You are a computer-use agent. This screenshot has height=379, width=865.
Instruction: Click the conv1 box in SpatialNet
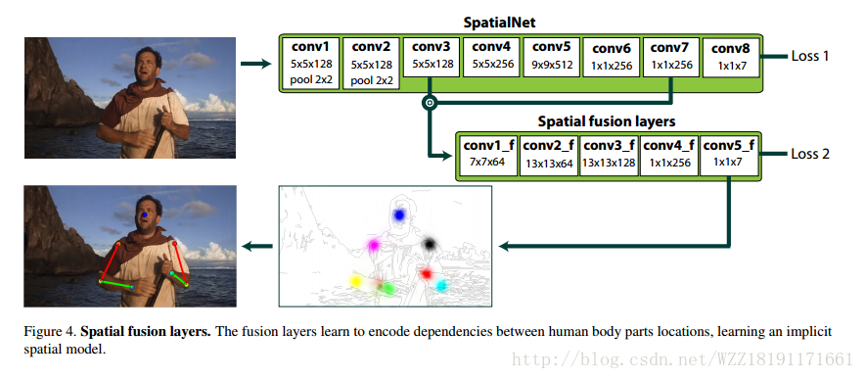[311, 64]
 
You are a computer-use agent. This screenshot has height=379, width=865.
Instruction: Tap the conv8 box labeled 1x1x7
[731, 58]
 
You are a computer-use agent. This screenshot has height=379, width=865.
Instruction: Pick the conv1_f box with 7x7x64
[488, 156]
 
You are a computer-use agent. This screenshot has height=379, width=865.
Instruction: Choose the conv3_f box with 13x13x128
[609, 156]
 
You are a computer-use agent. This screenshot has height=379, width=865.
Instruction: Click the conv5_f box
[728, 156]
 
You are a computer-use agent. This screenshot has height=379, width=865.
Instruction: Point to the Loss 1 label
[810, 56]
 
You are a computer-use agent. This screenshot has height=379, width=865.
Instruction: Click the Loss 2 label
[810, 154]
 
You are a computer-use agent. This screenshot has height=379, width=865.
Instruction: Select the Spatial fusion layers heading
[607, 121]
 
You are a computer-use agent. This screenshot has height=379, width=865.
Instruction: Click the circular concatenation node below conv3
[430, 102]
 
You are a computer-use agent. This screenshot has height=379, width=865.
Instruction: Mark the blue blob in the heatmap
[399, 214]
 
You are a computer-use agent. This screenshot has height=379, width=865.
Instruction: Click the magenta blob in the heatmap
[374, 244]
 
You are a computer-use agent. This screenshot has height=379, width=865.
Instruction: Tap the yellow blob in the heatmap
[356, 282]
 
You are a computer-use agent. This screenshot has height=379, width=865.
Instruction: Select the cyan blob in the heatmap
[441, 286]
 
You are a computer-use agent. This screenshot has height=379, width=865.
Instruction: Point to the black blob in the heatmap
[429, 243]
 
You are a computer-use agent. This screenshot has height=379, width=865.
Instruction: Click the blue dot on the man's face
[145, 214]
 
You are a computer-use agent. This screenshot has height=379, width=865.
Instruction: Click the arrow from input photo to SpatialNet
[256, 64]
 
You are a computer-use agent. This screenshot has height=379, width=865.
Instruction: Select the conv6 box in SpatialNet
[611, 58]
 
